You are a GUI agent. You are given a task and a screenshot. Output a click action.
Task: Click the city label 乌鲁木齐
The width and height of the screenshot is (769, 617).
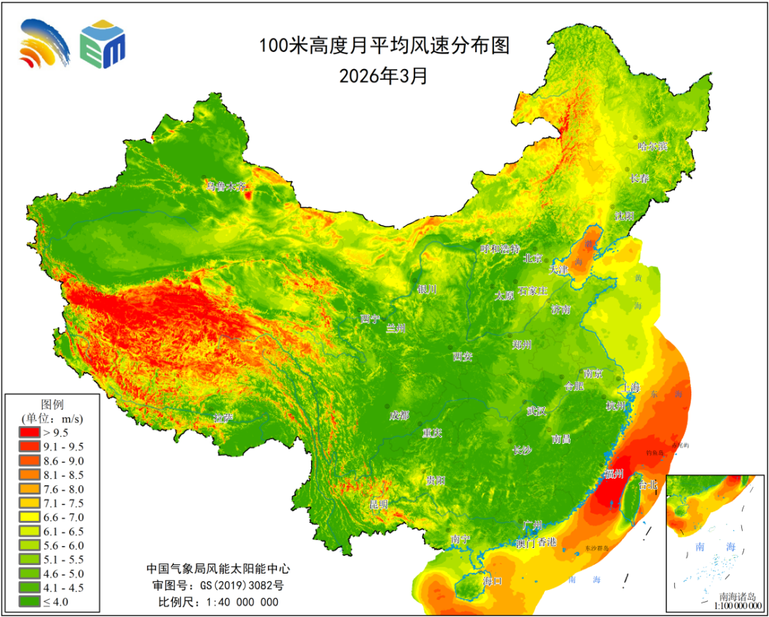click(225, 187)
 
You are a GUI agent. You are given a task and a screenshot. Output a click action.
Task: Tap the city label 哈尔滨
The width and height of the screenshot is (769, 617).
click(652, 147)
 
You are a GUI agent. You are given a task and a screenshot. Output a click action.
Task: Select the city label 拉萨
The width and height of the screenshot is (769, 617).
click(223, 418)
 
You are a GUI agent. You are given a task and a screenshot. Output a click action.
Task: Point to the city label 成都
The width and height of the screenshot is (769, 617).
click(399, 415)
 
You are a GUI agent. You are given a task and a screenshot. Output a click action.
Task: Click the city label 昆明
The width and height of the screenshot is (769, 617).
click(379, 504)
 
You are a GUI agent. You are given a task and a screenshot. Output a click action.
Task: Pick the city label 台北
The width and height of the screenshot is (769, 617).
click(649, 485)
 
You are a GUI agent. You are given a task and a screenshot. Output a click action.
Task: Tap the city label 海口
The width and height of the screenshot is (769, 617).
click(492, 581)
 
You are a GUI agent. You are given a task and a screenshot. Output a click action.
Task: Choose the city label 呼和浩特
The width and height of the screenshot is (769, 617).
click(500, 249)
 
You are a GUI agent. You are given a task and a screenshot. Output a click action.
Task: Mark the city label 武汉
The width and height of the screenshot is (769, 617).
click(535, 410)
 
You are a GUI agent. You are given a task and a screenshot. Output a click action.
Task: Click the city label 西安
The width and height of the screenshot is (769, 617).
click(463, 357)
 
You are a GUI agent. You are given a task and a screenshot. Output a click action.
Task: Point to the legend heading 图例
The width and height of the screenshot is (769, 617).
click(53, 403)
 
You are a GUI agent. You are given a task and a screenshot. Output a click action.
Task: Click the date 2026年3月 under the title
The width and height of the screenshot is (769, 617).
click(384, 76)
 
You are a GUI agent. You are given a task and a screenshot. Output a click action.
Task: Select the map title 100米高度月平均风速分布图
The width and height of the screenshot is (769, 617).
click(384, 46)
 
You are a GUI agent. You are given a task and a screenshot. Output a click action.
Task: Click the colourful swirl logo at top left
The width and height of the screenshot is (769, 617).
click(45, 43)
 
